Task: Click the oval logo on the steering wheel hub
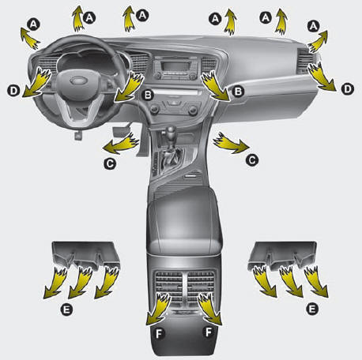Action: pos(79,81)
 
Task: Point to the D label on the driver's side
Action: pos(13,91)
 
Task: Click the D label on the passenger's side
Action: pos(348,89)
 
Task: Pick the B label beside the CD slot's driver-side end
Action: pos(148,95)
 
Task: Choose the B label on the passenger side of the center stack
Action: pos(238,92)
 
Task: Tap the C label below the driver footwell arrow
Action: pos(110,163)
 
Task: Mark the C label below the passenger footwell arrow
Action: pos(252,160)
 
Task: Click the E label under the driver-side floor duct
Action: pos(66,309)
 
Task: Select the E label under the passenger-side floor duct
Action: pos(312,309)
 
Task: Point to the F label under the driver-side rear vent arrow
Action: pos(159,334)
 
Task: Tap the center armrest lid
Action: pos(183,219)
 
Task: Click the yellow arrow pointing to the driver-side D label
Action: pos(37,82)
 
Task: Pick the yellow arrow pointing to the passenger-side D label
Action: pos(322,77)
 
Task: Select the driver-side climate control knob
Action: pos(155,109)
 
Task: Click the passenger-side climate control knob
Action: pos(193,110)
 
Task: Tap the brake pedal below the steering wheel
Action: pos(78,135)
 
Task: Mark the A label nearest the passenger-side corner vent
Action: pos(313,26)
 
